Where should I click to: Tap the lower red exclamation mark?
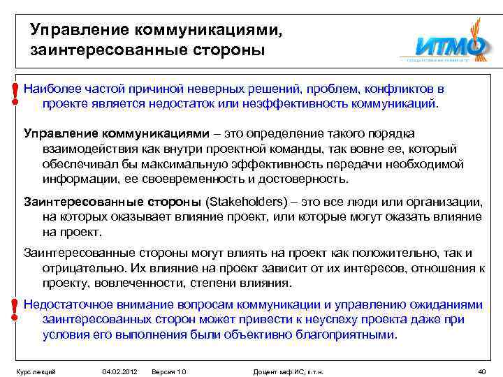[x=15, y=309]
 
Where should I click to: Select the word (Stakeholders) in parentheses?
[x=246, y=202]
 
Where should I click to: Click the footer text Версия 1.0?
[x=169, y=371]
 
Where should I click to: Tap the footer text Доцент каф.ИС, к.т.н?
[x=293, y=371]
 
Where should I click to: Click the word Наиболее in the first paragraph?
[x=50, y=89]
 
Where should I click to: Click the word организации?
[x=443, y=202]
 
